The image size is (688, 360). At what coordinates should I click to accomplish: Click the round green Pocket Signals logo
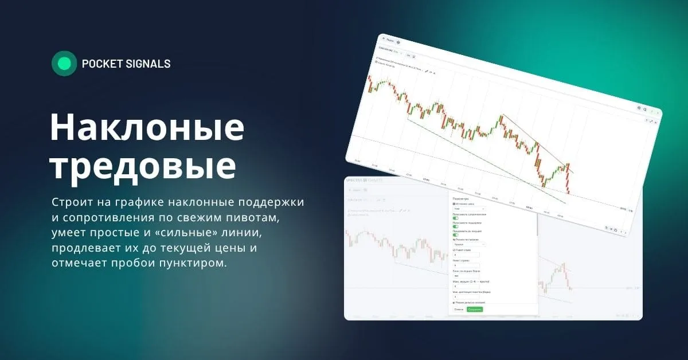(x=64, y=64)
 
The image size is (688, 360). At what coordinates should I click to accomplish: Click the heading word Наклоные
(x=147, y=127)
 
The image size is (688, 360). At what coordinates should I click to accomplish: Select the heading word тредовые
(x=143, y=166)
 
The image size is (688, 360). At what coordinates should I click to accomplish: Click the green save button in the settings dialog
(x=475, y=310)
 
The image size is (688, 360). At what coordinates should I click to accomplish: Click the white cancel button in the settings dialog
(x=459, y=310)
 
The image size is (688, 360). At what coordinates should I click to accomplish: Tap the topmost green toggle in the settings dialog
(x=456, y=218)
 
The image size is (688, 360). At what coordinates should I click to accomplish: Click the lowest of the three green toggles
(x=456, y=234)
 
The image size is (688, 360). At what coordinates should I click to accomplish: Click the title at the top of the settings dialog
(x=461, y=198)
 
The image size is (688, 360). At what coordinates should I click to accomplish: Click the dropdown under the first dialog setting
(x=469, y=209)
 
